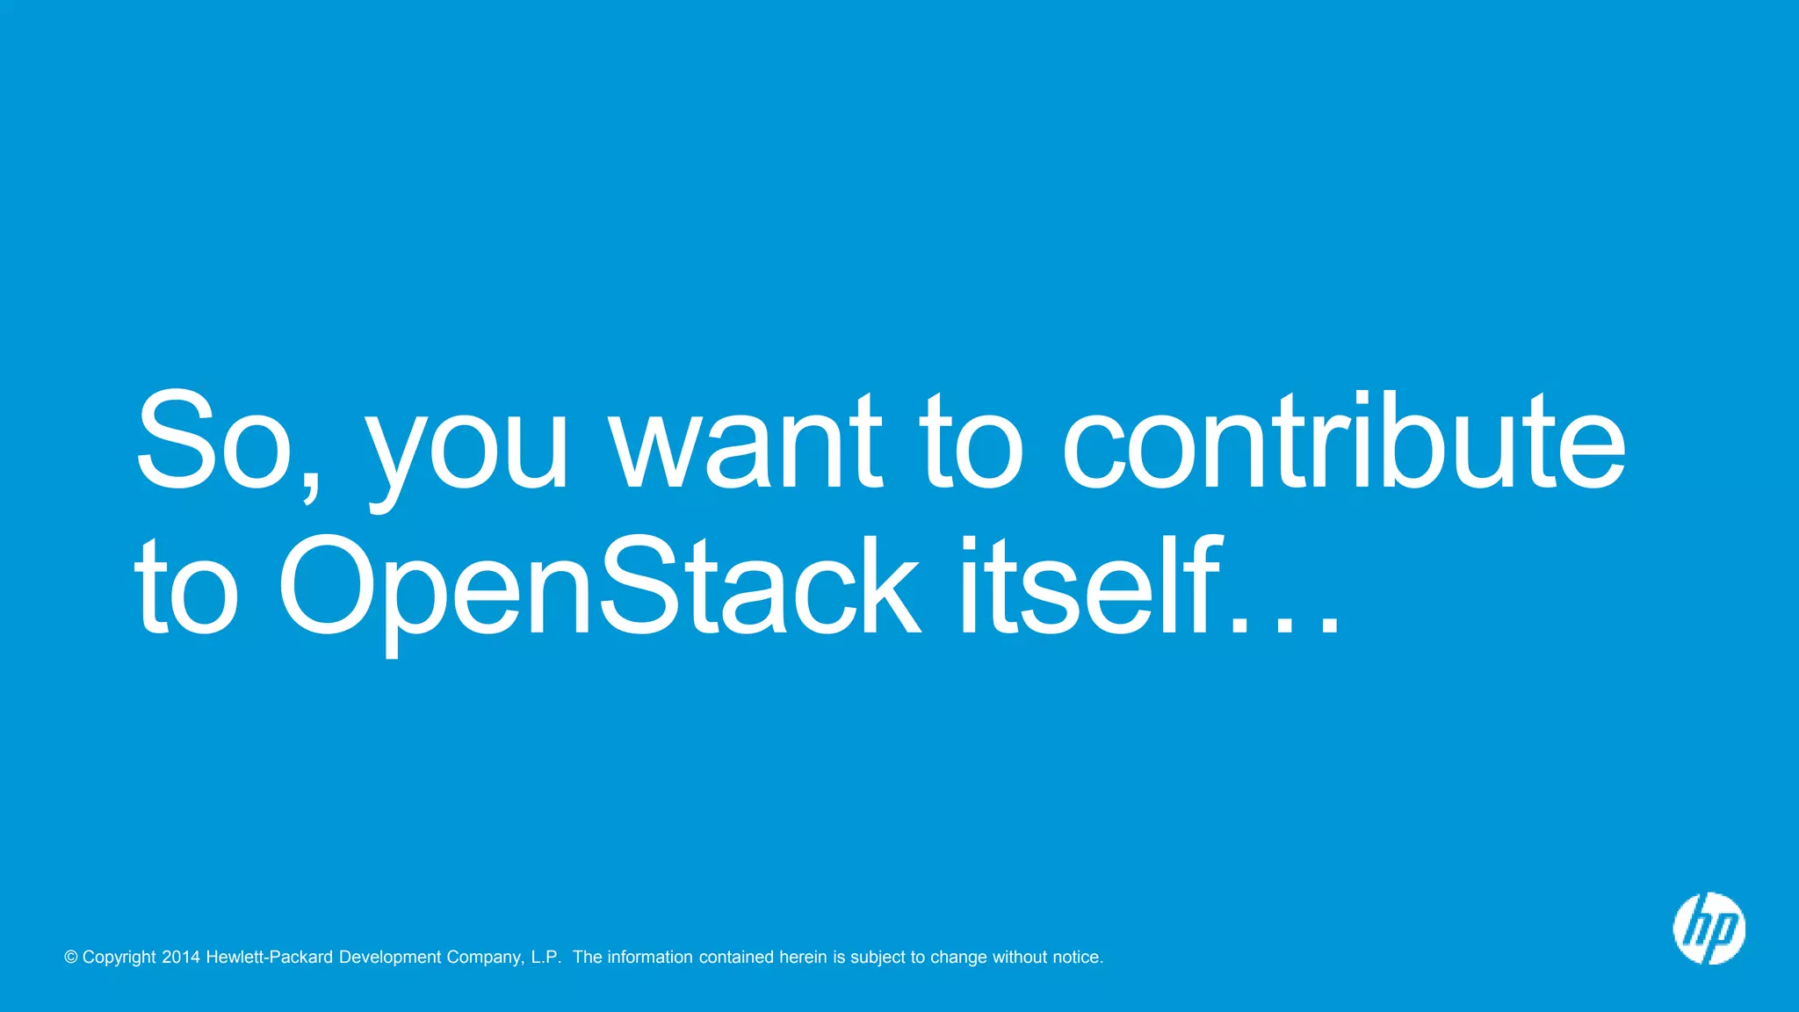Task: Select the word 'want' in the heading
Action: click(747, 441)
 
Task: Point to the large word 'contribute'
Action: click(1343, 441)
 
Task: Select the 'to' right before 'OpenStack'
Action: click(186, 587)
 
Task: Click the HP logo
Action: click(1709, 929)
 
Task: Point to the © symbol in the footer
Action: click(71, 958)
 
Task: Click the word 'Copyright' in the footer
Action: click(119, 958)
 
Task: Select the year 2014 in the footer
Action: click(181, 958)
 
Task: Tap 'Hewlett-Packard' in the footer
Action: click(270, 958)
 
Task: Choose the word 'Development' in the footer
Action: click(390, 958)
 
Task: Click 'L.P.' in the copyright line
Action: click(545, 958)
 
